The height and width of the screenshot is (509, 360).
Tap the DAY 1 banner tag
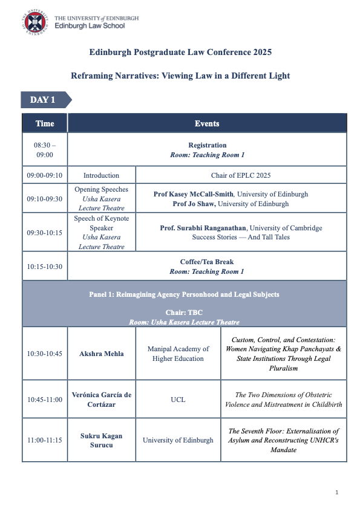(44, 100)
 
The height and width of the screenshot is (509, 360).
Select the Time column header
(45, 123)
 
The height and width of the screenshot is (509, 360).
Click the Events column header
(207, 123)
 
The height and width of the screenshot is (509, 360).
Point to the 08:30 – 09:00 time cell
(45, 150)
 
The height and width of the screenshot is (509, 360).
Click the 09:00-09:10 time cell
(45, 176)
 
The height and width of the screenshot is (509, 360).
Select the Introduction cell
(101, 176)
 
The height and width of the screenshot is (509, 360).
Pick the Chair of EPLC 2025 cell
(241, 176)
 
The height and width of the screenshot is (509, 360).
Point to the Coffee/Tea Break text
(207, 262)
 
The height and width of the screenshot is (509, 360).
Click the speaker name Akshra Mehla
(101, 354)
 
